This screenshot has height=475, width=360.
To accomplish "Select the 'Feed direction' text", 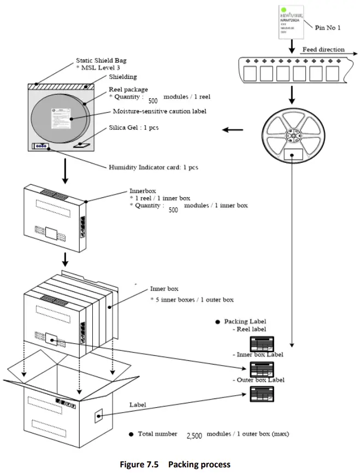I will (x=323, y=49).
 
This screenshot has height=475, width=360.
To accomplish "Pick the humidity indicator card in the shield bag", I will (x=41, y=146).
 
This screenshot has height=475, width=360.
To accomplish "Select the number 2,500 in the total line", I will (x=194, y=436).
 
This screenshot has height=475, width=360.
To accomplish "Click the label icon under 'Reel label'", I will (x=262, y=344).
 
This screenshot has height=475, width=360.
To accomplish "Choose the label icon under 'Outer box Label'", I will (x=262, y=394).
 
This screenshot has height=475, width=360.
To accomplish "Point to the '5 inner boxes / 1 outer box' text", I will (x=192, y=300).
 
